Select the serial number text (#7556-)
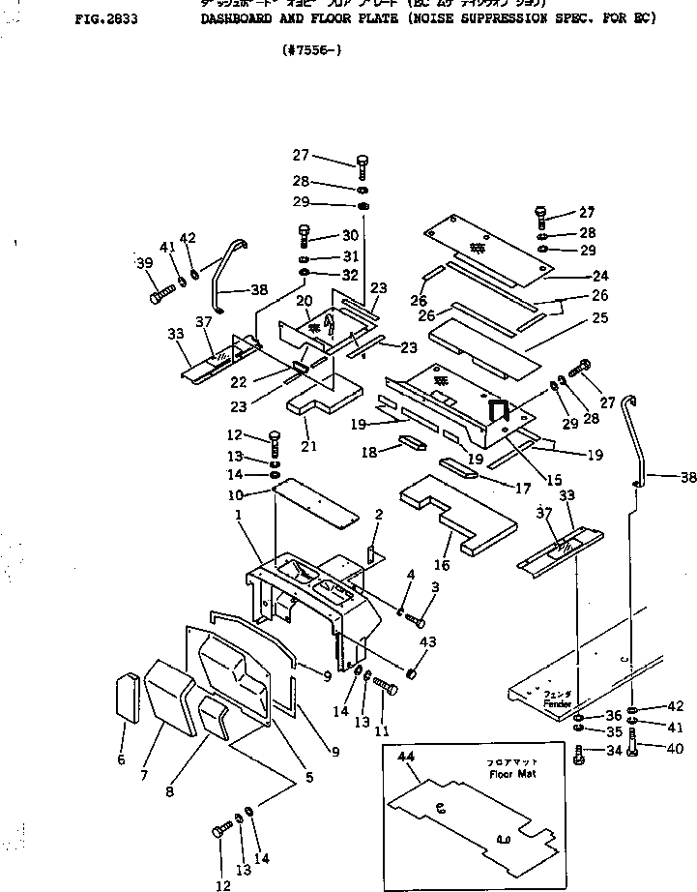(310, 51)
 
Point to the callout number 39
(144, 263)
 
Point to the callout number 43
(427, 642)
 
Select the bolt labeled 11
(385, 688)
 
